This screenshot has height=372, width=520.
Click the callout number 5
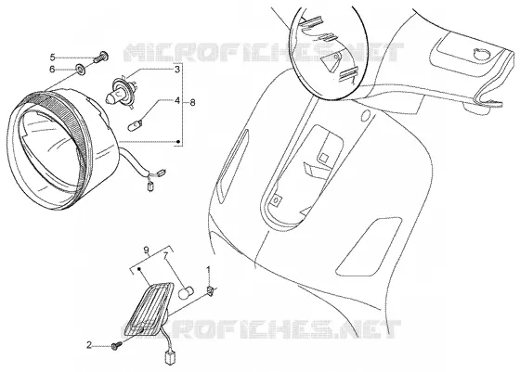point(52,58)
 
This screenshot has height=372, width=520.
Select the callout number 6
point(52,70)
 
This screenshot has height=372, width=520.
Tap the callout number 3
point(177,70)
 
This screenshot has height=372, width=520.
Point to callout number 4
point(177,100)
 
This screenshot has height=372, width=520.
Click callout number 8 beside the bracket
point(192,102)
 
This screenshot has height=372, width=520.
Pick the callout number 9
point(147,250)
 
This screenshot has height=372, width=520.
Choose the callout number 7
point(165,256)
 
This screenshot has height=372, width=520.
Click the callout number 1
point(208,270)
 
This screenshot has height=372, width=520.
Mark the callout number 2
point(89,345)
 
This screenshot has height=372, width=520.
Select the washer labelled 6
point(81,69)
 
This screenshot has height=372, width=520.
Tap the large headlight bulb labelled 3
point(121,88)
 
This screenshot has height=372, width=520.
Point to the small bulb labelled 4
point(136,125)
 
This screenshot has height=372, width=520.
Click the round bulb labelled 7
point(186,292)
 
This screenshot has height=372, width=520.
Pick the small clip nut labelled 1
point(210,291)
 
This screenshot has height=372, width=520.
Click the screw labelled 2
point(116,346)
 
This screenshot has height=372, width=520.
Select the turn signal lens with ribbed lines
point(148,309)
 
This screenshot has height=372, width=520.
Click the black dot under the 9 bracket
point(139,268)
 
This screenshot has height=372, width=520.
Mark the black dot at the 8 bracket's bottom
point(178,142)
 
